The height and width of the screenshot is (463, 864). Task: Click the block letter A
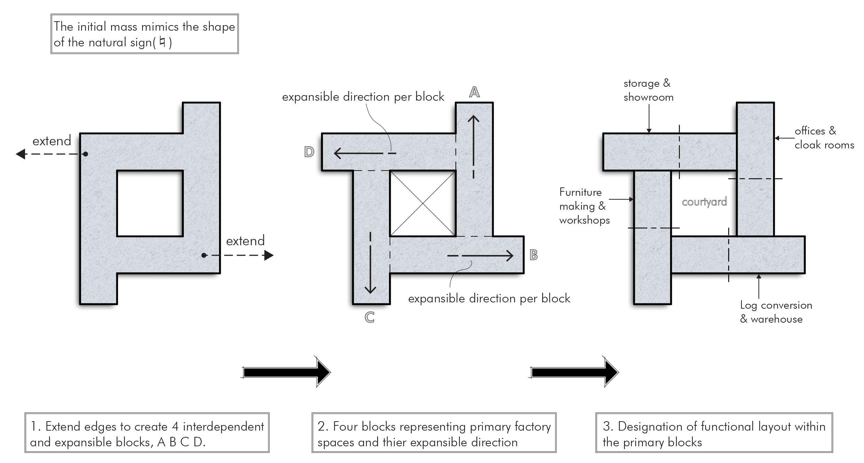[474, 92]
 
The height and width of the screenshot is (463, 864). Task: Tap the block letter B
[534, 255]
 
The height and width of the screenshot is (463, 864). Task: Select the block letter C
[369, 317]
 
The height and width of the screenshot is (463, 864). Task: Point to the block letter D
[309, 152]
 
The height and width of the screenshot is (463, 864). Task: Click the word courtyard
[704, 202]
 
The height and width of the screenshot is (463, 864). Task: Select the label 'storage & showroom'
[648, 90]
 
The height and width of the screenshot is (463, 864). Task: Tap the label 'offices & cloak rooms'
[824, 138]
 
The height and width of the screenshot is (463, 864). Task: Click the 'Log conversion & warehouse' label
[776, 312]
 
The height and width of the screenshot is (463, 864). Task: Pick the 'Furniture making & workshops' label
[584, 206]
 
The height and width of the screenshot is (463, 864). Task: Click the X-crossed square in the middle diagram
[423, 203]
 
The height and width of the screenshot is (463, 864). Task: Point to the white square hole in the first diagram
[150, 203]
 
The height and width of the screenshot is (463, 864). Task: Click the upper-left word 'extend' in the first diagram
[52, 141]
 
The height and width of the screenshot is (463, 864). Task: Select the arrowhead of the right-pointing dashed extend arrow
[268, 255]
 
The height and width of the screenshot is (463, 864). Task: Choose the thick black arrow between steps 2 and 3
[574, 372]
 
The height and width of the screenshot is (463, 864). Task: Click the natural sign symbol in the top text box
[162, 42]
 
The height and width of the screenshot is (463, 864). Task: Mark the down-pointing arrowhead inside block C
[370, 290]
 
